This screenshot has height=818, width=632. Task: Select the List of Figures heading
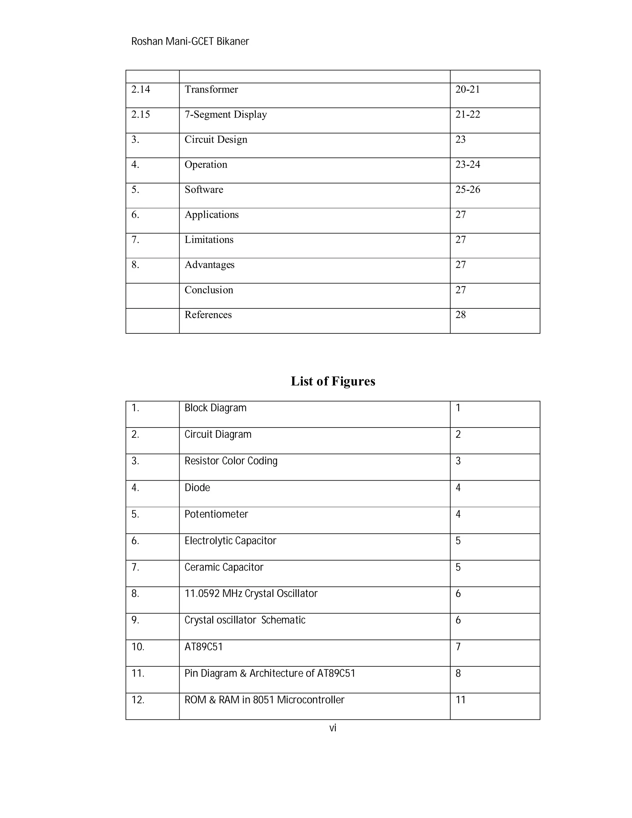click(x=333, y=381)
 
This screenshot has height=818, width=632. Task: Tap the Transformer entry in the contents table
click(x=211, y=90)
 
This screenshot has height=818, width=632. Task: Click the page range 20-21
click(x=467, y=90)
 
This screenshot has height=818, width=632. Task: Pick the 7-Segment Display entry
click(x=225, y=115)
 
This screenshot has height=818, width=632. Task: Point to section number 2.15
click(x=140, y=115)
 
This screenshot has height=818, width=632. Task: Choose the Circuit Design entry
click(x=216, y=140)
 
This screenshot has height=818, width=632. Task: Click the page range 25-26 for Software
click(x=468, y=190)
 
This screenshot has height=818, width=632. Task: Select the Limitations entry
click(x=209, y=240)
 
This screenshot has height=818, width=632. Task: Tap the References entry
click(x=208, y=315)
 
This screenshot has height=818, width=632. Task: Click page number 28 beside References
click(x=460, y=315)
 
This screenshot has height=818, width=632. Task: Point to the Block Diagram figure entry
click(x=215, y=408)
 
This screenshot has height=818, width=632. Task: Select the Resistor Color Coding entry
click(x=231, y=461)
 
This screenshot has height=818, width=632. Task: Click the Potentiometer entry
click(x=216, y=514)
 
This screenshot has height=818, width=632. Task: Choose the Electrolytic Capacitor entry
click(x=230, y=541)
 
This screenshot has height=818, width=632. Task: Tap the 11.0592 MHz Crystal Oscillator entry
click(x=251, y=594)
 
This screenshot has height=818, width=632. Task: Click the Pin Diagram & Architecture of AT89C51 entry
click(x=270, y=674)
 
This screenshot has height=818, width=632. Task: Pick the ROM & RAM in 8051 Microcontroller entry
click(x=264, y=700)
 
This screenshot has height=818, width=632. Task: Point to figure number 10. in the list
click(x=138, y=647)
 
